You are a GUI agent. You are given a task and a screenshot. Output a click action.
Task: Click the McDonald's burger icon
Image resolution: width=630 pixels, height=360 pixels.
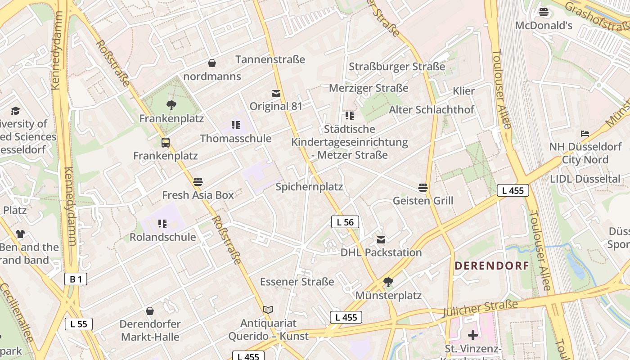coord(544,12)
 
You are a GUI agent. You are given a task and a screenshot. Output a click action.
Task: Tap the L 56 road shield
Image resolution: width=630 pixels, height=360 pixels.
coord(345,222)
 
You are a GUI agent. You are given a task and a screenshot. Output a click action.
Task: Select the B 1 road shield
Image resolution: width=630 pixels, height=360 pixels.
coord(75,279)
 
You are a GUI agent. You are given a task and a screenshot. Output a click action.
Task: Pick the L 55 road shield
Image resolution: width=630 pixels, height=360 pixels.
coord(79,324)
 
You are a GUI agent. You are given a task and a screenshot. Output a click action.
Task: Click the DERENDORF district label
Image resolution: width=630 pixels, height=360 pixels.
coord(491,265)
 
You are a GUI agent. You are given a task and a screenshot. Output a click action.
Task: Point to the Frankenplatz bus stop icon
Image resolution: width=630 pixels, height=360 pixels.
coord(166,143)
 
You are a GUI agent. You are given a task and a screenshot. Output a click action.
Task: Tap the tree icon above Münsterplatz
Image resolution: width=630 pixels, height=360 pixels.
coord(388,282)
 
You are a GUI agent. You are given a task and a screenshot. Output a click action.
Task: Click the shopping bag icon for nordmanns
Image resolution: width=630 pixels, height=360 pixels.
coord(212,63)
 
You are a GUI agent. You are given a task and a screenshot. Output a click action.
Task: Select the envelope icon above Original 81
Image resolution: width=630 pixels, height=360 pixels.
coord(276,94)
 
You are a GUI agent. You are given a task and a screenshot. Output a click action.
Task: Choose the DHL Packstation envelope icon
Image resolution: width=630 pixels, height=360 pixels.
coord(381,239)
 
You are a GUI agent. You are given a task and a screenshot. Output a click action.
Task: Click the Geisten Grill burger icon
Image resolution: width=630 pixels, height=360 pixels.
coord(423,187)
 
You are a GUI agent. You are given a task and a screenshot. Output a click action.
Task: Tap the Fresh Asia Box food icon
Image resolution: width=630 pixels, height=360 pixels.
coord(198,182)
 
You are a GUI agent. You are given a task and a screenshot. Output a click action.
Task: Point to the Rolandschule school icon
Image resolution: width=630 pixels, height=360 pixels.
coord(162,224)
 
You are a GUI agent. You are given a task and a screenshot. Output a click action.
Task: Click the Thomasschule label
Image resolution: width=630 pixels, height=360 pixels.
coord(236,138)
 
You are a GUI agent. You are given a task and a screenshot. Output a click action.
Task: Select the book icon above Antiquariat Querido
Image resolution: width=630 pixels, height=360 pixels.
coord(268,310)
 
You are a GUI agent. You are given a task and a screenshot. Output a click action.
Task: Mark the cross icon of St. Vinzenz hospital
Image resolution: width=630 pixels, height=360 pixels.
coord(472,335)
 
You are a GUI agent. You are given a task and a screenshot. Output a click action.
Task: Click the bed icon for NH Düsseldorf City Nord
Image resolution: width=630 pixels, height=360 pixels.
coord(585,134)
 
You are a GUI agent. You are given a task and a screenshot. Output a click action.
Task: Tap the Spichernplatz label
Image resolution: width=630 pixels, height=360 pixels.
coord(309,187)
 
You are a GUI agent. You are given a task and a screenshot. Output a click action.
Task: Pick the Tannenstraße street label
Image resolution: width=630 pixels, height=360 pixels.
coord(270,59)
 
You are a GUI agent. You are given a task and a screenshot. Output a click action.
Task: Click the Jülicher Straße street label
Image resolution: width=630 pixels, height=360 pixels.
coord(480,309)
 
